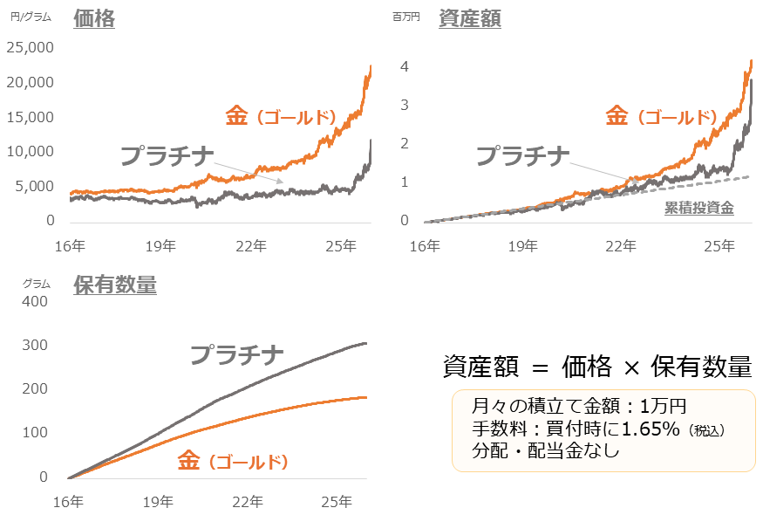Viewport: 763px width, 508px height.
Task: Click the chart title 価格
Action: coord(94,18)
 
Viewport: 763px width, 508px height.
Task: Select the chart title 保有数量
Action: coord(115,285)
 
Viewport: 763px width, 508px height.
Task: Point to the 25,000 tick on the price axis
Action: coord(31,47)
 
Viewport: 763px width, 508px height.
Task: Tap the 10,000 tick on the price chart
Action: coord(31,152)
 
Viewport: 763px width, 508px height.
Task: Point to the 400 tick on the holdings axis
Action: coord(36,301)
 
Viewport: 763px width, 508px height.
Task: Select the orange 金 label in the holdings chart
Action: coord(189,460)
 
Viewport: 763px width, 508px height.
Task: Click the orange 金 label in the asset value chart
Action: coord(617,116)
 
